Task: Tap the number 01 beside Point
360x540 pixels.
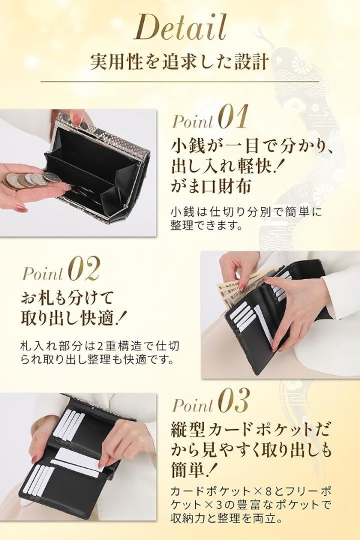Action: click(x=233, y=117)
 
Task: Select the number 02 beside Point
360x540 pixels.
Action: click(x=84, y=268)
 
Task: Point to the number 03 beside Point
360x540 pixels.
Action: click(x=234, y=401)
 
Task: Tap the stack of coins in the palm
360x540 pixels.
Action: click(x=28, y=180)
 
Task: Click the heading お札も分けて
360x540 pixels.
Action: click(x=67, y=297)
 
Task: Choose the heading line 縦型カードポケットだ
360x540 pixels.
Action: click(x=250, y=430)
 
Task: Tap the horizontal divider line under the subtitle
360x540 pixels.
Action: click(x=179, y=82)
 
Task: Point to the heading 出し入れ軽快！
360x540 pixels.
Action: click(x=227, y=166)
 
